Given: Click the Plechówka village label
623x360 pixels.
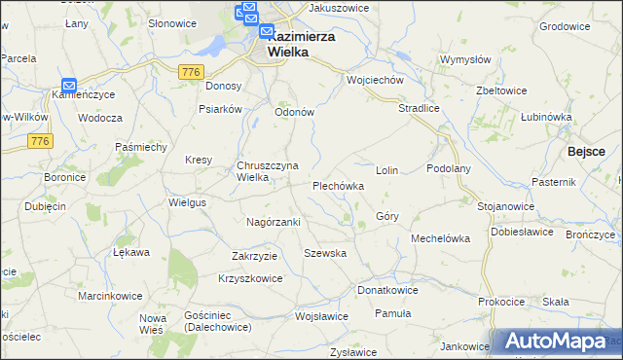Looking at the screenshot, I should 338,185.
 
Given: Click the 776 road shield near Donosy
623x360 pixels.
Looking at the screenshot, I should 191,71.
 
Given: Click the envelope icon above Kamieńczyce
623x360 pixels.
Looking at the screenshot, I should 69,86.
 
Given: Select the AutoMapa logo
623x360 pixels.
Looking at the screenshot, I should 556,342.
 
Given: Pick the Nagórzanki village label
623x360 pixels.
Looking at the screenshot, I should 274,222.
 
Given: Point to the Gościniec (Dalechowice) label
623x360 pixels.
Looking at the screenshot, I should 216,321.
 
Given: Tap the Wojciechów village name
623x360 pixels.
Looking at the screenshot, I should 375,80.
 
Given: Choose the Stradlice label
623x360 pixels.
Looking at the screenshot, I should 420,109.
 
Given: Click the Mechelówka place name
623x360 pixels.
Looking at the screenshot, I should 440,237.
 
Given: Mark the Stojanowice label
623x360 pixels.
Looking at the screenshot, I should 506,206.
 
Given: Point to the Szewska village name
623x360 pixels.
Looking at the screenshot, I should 325,252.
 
